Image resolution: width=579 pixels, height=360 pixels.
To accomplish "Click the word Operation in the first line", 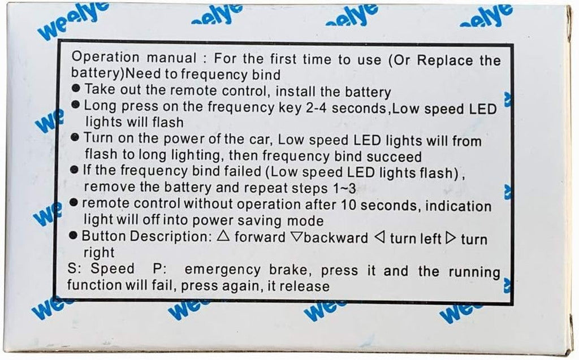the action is [x=105, y=57].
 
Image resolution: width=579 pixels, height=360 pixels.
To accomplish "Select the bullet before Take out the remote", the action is [x=76, y=88].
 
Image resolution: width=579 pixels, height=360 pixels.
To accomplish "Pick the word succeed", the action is [x=394, y=157].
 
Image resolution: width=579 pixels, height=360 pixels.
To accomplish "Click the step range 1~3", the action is [x=344, y=189].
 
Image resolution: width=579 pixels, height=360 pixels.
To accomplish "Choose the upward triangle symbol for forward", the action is [x=223, y=236].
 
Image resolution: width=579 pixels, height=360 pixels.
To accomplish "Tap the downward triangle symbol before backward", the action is [x=296, y=237].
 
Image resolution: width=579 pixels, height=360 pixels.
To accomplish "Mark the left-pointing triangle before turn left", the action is [x=379, y=237].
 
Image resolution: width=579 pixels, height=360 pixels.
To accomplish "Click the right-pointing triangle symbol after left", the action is [x=451, y=238].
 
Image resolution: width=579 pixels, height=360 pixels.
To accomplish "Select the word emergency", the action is [x=222, y=270].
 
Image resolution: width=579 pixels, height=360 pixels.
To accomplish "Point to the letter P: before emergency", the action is [x=159, y=268].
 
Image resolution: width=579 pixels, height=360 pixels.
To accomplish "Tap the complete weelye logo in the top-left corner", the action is [x=74, y=21].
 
